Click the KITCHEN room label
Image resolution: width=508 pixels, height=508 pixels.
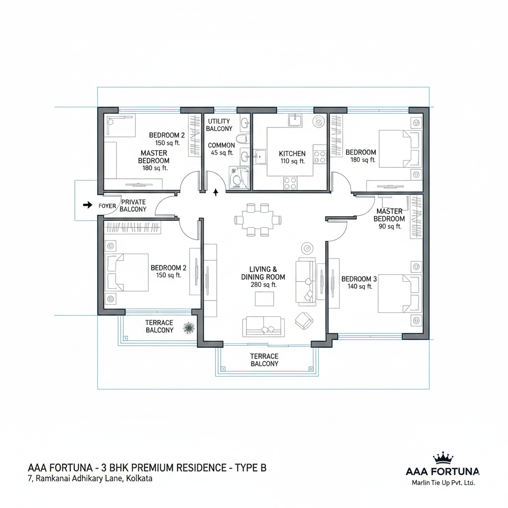point(292,154)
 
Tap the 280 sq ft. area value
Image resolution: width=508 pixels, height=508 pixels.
point(264,285)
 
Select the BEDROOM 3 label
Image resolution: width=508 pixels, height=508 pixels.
point(359,279)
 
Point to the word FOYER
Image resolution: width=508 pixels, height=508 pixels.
point(107,206)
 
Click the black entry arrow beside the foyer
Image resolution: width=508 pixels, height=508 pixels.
point(87,205)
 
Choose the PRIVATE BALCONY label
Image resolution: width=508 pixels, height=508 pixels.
point(133,206)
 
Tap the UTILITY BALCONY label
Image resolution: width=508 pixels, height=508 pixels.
point(219,125)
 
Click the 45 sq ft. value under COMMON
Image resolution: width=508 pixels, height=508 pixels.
point(222,153)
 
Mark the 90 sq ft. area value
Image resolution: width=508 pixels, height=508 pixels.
point(390,226)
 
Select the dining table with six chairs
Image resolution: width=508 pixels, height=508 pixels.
point(258,220)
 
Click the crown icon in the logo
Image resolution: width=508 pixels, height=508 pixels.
point(443,459)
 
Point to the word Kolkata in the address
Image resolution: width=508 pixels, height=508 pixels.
point(139,479)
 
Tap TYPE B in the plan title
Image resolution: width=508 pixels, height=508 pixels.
point(251,468)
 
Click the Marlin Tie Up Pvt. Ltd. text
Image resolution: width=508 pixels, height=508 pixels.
point(443,483)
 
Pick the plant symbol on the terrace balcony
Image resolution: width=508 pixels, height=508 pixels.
point(189,328)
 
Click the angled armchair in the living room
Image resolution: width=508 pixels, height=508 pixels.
point(304,321)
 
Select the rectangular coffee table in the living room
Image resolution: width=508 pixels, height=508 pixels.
point(264,299)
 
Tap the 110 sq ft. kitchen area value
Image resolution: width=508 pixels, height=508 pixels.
point(293,161)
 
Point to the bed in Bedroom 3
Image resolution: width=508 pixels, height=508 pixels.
point(400,294)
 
